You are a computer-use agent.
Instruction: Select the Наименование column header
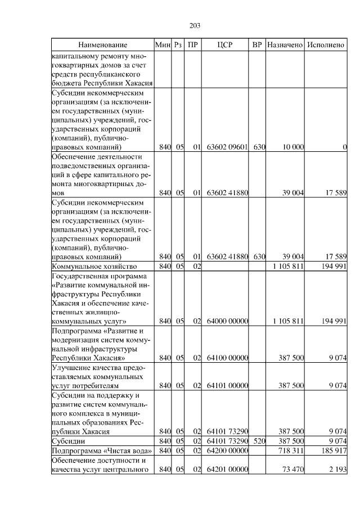tap(102, 45)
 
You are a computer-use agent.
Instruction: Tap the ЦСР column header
tap(225, 45)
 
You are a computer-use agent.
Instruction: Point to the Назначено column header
tap(285, 45)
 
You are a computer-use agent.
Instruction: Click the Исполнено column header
tap(326, 45)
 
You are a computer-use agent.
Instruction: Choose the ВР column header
tap(257, 45)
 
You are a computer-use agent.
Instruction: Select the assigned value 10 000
tap(293, 147)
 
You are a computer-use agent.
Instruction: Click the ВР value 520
tap(259, 441)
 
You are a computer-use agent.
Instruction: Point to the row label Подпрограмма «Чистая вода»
tap(101, 451)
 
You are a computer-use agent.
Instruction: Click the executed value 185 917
tap(332, 451)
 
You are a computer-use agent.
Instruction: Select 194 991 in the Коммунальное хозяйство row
tap(332, 266)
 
